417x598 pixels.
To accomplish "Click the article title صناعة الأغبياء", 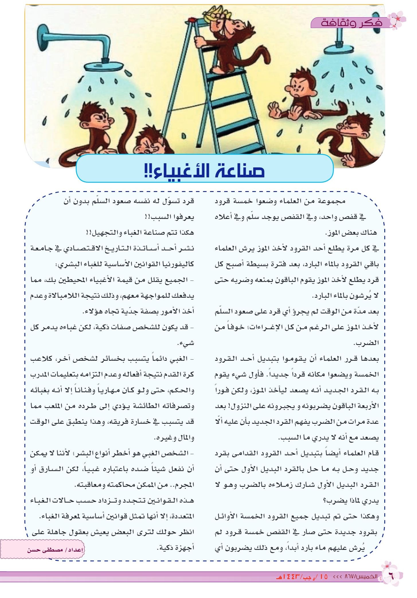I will pos(205,171).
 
